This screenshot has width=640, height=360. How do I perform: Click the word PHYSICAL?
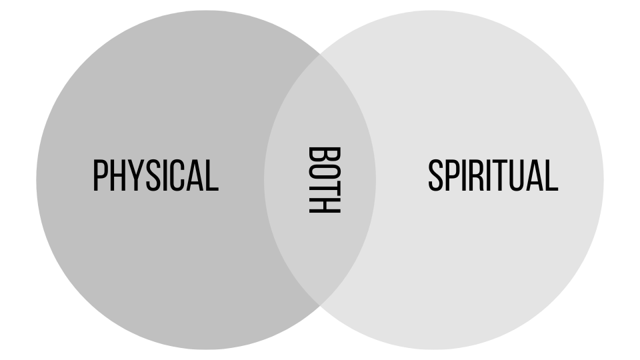tap(155, 176)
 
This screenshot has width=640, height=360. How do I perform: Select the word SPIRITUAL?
tap(493, 176)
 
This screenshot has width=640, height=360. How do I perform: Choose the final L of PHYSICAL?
tap(213, 176)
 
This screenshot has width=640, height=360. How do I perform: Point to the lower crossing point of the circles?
tap(320, 305)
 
